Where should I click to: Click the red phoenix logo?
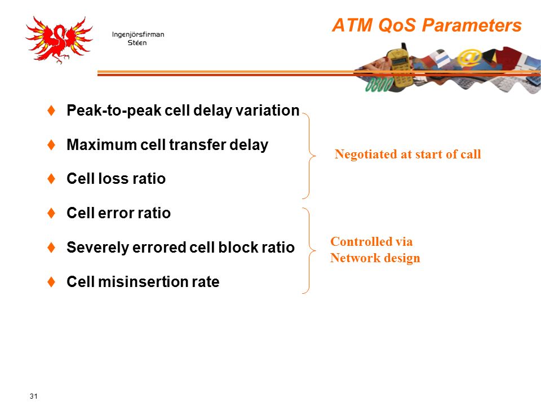pos(59,39)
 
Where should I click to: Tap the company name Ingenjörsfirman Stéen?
pos(138,38)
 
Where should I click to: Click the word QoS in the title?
pos(397,25)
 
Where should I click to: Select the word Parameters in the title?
pos(472,25)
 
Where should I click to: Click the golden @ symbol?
pos(469,58)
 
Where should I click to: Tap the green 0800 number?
pos(379,85)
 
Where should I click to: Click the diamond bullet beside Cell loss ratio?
pos(51,179)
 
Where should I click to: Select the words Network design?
pos(375,258)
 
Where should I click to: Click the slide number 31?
pos(33,396)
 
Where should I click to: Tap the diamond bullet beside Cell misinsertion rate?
pos(51,282)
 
